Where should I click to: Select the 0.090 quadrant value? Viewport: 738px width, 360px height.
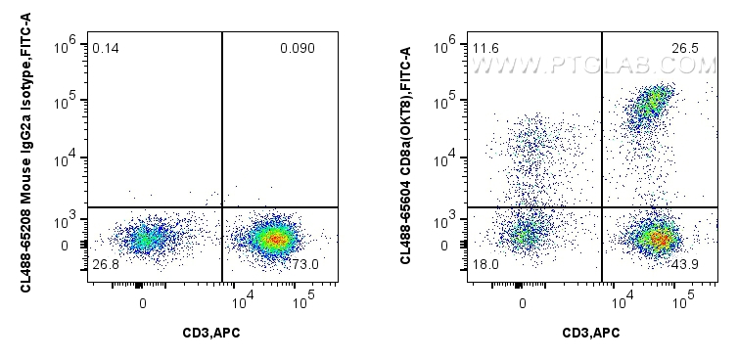(x=297, y=48)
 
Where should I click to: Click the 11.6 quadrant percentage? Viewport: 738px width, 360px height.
(x=484, y=48)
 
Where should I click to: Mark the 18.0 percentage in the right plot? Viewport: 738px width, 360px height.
(x=484, y=265)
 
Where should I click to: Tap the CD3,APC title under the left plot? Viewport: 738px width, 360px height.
(x=211, y=334)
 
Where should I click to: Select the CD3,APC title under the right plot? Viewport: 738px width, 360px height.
(x=591, y=334)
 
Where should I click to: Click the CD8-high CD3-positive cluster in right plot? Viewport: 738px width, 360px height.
(x=650, y=102)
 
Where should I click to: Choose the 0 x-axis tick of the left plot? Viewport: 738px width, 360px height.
(x=143, y=303)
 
